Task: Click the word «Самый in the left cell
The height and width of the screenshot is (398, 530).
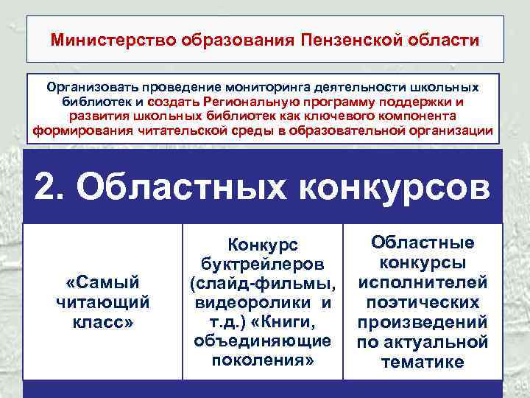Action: [x=102, y=282]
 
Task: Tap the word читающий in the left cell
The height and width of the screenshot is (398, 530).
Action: [x=102, y=301]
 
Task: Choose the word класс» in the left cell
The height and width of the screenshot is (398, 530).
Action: [x=102, y=321]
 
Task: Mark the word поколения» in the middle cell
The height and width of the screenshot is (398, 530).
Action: [x=263, y=360]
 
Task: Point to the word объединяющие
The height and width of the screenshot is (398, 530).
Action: [x=263, y=341]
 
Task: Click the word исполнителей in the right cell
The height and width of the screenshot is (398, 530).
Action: [x=422, y=282]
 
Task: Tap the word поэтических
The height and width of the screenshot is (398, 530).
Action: [x=422, y=302]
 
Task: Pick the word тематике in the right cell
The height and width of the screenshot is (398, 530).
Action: [x=422, y=361]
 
